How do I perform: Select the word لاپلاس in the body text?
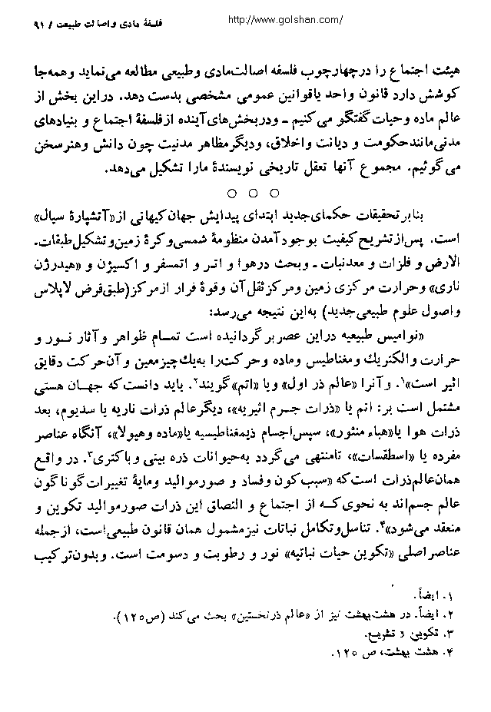pyautogui.click(x=51, y=274)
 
